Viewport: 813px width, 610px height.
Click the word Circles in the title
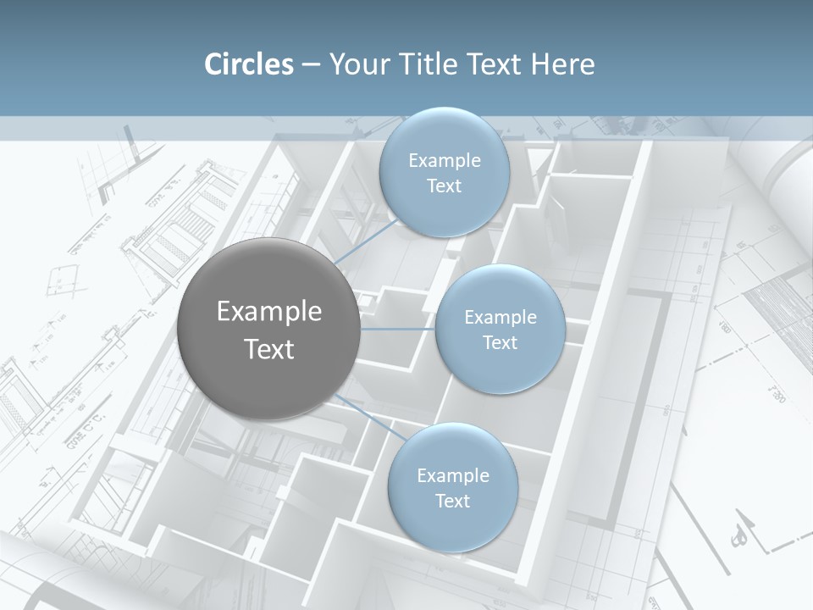(x=248, y=64)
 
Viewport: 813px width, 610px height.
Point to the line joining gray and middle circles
(x=398, y=329)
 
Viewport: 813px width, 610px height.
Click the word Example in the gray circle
(x=269, y=312)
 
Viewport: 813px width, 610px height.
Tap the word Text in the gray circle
(x=269, y=349)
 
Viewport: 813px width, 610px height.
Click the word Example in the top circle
(x=444, y=161)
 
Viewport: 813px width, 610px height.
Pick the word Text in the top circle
(x=444, y=186)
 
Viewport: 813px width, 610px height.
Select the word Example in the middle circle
(x=501, y=318)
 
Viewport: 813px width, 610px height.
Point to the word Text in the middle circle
(x=501, y=343)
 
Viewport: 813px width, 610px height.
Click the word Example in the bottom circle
(x=452, y=476)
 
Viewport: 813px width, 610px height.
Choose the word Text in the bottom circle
(x=452, y=502)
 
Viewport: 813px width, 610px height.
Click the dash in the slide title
(x=311, y=65)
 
